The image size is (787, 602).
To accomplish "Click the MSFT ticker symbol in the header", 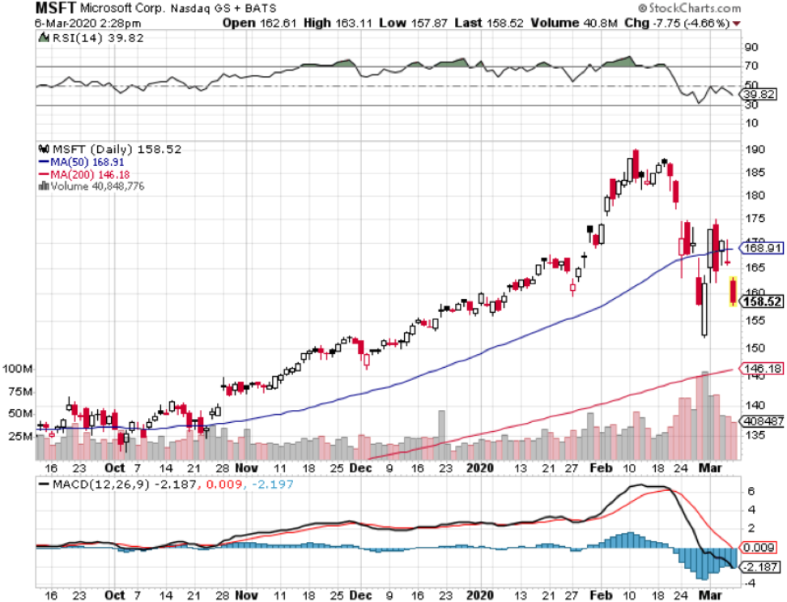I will (55, 9).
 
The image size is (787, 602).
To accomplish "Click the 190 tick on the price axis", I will (755, 149).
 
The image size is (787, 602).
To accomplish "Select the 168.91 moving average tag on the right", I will (763, 248).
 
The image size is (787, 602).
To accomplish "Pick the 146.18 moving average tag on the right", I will (763, 367).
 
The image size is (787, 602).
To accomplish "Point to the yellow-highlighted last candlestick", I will (733, 291).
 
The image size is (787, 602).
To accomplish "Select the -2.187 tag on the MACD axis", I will (761, 566).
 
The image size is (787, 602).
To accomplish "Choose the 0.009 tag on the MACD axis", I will (761, 547).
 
